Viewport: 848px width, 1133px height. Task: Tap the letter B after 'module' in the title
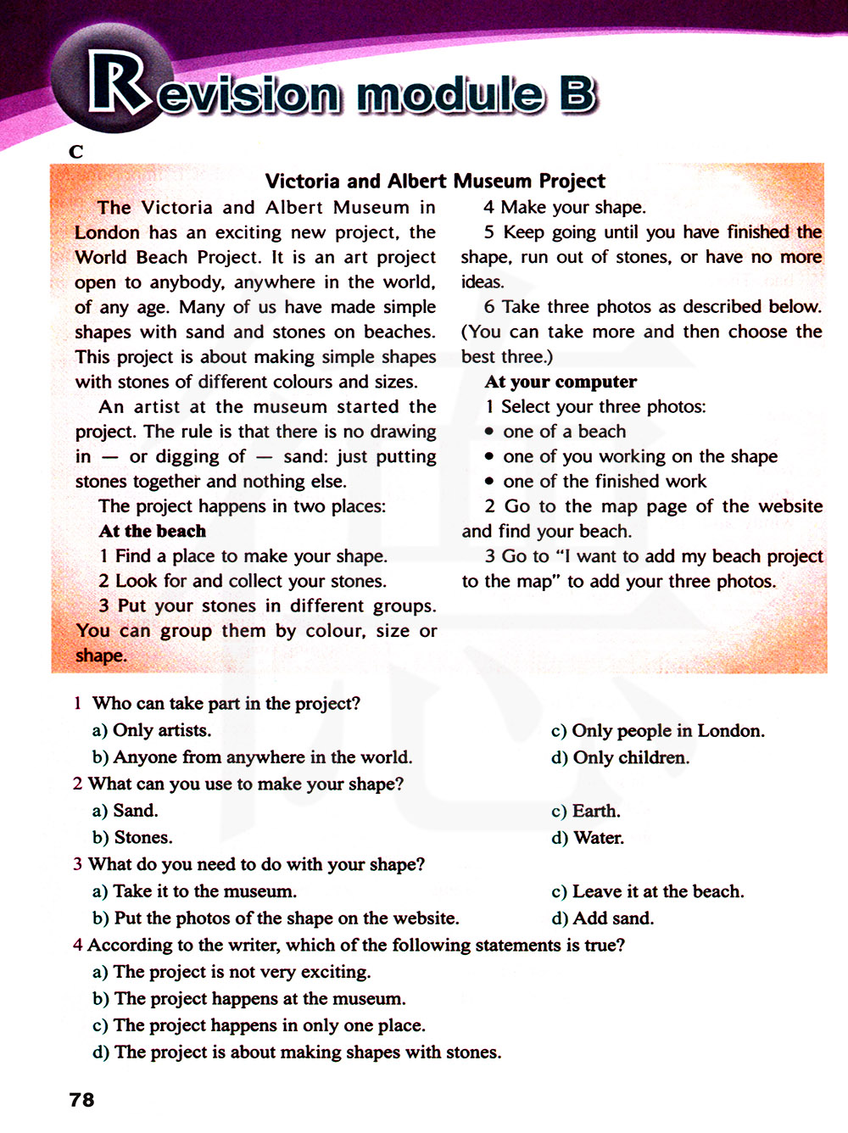point(577,94)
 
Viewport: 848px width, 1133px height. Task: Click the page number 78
point(81,1099)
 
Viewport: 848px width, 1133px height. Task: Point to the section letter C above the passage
point(76,152)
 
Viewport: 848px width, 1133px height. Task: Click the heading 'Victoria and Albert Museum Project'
point(435,181)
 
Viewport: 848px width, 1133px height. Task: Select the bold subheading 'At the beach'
point(152,531)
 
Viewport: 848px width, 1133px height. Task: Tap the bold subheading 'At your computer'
point(561,382)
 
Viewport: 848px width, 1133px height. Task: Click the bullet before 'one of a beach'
point(489,432)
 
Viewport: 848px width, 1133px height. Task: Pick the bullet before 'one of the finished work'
point(489,482)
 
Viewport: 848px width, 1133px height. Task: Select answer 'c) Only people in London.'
point(657,730)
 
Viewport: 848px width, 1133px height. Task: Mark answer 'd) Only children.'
point(620,757)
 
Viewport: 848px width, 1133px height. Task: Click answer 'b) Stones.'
point(132,838)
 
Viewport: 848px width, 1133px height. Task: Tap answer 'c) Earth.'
point(585,811)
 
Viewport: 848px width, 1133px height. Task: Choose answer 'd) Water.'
point(587,838)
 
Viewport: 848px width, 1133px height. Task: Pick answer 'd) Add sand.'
point(602,918)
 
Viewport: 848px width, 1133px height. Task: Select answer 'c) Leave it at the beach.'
point(647,891)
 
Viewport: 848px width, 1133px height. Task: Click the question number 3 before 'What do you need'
point(77,864)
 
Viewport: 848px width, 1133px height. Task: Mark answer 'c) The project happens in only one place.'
point(259,1025)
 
